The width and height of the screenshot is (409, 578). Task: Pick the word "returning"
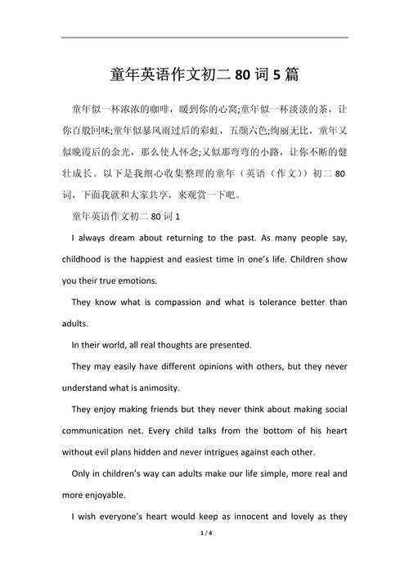click(179, 238)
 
